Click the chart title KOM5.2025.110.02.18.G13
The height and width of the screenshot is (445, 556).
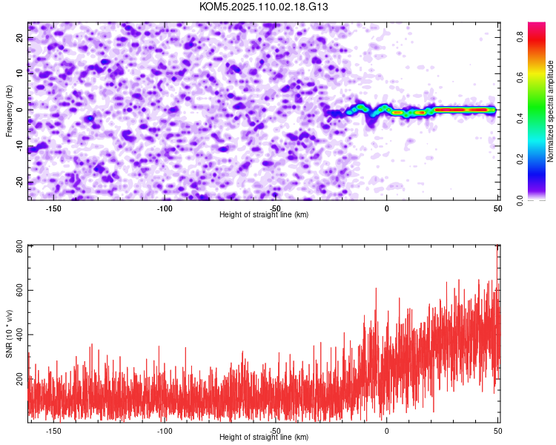(263, 7)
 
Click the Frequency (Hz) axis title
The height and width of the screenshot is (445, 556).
(9, 111)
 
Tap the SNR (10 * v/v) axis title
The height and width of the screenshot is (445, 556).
(9, 334)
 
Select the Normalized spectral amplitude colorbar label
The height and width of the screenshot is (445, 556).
(550, 111)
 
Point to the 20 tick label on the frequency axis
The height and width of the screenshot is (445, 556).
(20, 37)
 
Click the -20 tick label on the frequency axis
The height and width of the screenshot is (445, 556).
(20, 182)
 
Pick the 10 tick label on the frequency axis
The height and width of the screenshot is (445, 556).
(20, 73)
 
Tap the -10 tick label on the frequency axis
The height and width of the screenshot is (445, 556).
(20, 146)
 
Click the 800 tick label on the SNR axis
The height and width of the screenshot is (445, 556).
(20, 246)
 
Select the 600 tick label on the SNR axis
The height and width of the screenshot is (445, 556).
(20, 290)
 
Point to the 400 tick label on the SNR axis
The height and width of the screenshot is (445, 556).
(20, 334)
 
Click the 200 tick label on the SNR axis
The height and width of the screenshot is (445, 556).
(20, 379)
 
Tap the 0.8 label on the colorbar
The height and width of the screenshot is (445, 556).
(520, 36)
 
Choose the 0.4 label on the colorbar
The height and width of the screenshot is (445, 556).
(520, 118)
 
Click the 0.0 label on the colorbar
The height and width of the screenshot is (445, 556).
(520, 200)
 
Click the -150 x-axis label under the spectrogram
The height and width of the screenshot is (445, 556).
(53, 208)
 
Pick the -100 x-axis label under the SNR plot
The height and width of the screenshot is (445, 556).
(164, 431)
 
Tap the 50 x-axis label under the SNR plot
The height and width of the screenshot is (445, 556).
(498, 431)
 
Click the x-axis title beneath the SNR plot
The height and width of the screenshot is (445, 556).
(264, 437)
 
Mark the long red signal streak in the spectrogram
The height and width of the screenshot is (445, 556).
(465, 110)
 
